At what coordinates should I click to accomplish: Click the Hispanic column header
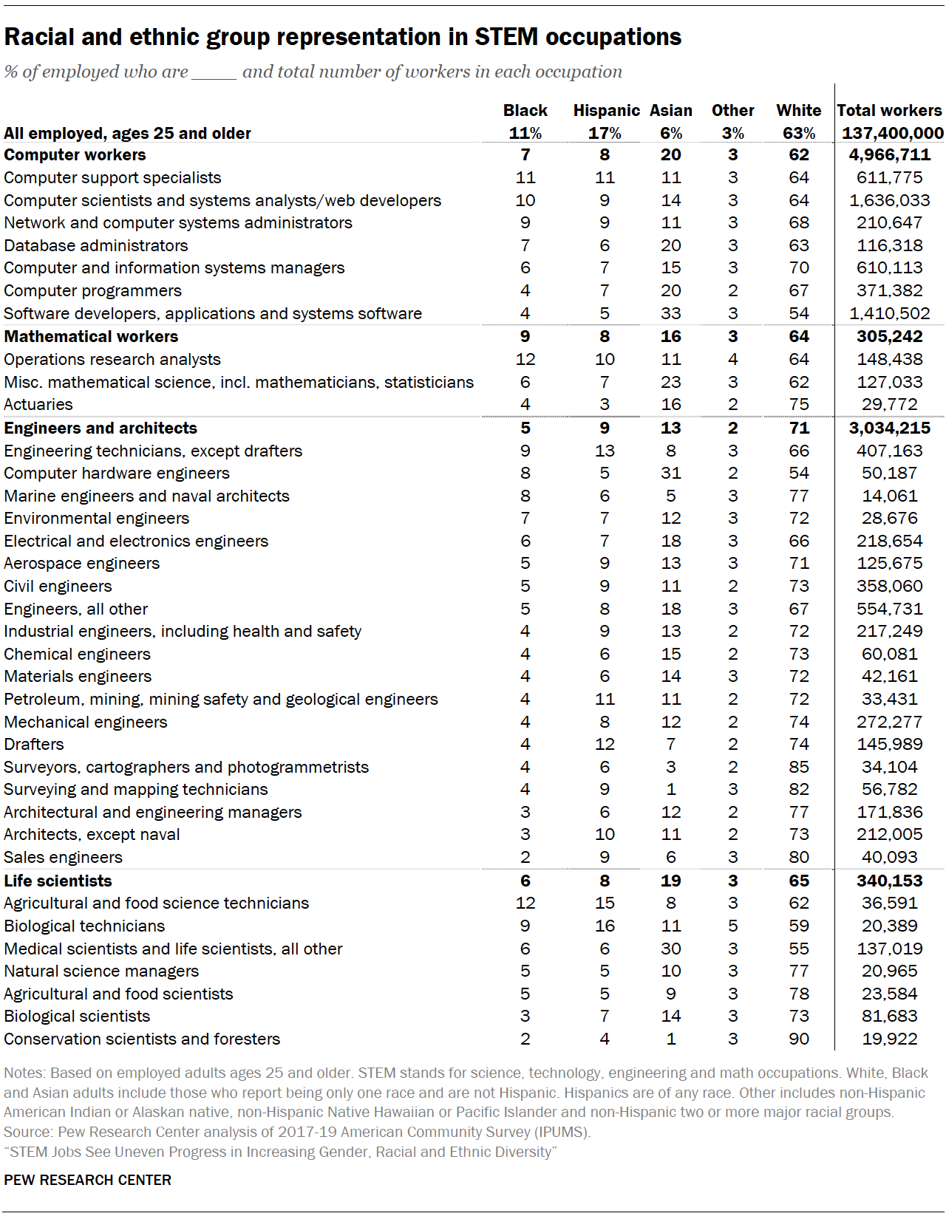(x=606, y=111)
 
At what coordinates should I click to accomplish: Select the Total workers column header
(x=889, y=111)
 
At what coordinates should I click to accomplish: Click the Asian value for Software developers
(x=670, y=313)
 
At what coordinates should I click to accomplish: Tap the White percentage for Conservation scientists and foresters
(x=798, y=1039)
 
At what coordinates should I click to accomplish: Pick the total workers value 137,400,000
(x=892, y=134)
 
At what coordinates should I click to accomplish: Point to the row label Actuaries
(x=38, y=405)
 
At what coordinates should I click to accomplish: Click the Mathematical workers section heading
(x=91, y=337)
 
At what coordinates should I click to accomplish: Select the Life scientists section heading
(x=58, y=881)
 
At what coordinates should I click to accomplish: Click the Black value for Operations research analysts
(x=525, y=359)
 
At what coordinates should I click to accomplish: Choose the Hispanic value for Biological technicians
(x=605, y=926)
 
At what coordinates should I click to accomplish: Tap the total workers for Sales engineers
(x=889, y=857)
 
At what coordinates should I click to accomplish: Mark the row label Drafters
(x=34, y=744)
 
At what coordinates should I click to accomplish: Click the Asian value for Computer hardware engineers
(x=670, y=473)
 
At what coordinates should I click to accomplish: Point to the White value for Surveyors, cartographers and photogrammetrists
(x=798, y=767)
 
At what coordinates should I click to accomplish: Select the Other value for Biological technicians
(x=732, y=926)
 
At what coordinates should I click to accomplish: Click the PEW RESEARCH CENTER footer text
(x=87, y=1180)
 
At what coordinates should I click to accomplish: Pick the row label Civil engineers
(x=58, y=586)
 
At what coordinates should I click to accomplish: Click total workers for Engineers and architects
(x=889, y=428)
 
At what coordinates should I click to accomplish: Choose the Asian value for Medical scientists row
(x=670, y=949)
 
